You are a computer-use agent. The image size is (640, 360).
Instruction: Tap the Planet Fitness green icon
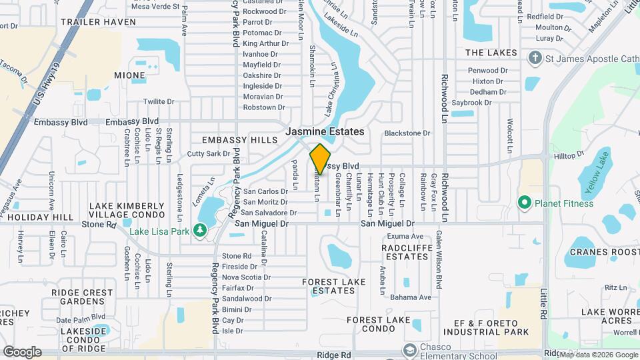tap(524, 202)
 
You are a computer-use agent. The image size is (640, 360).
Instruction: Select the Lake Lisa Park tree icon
tap(199, 231)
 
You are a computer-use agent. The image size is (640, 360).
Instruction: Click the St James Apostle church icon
tap(534, 57)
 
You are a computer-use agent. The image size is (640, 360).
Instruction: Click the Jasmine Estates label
tap(325, 132)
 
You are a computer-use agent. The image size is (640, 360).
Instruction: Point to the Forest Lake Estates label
tap(333, 286)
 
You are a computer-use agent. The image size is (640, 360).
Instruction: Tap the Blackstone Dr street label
tap(407, 133)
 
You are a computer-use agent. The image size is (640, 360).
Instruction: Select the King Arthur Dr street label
tap(266, 43)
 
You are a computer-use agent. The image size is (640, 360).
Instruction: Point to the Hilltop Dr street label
tap(569, 155)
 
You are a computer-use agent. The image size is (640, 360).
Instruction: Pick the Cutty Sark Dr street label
tap(208, 154)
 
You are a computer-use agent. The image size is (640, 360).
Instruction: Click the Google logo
tap(22, 352)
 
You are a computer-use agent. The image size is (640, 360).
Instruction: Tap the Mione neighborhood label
tap(129, 75)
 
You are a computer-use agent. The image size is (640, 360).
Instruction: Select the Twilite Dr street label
tap(158, 101)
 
